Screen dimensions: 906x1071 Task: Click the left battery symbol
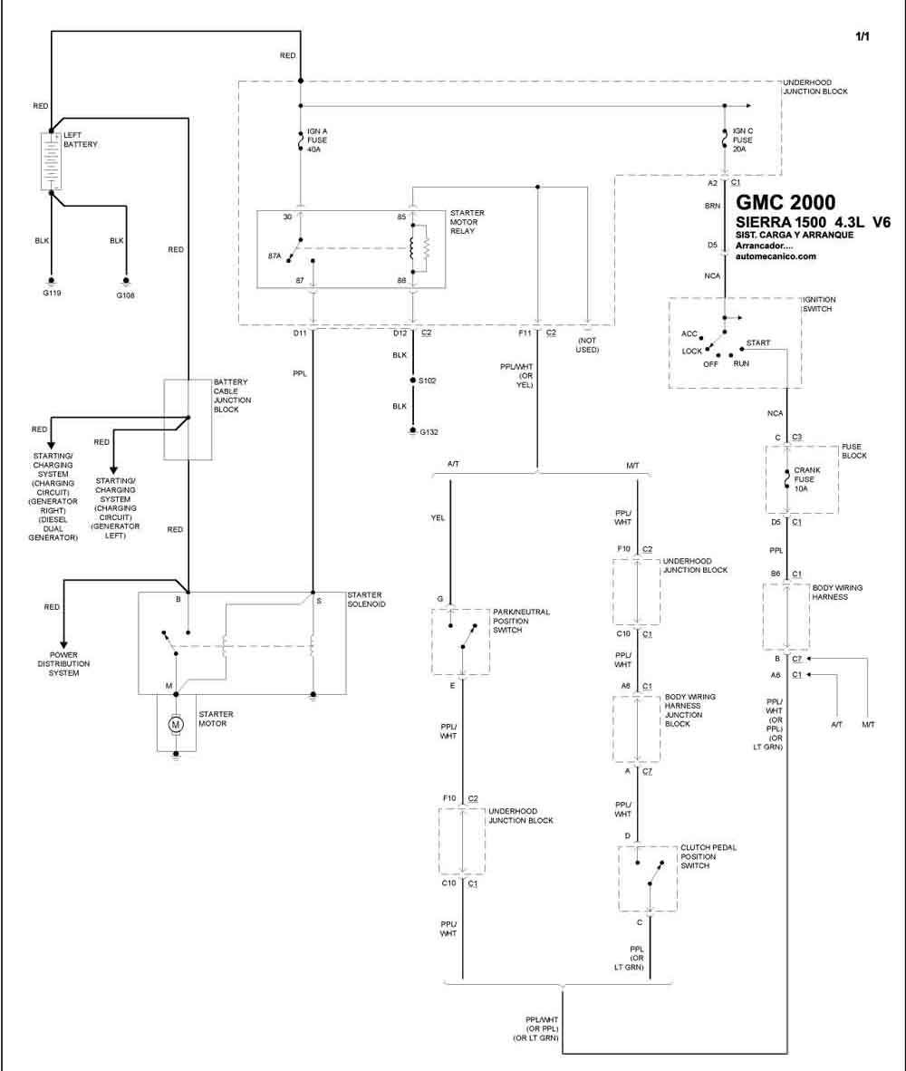[52, 161]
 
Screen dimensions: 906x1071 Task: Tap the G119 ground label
[51, 293]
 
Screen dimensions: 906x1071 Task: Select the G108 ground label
[125, 295]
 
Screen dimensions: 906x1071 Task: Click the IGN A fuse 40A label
[317, 140]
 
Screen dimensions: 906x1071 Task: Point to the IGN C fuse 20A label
[743, 140]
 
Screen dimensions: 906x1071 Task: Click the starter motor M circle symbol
[176, 724]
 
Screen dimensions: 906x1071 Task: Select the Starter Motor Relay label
[467, 222]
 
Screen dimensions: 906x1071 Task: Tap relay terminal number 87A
[275, 256]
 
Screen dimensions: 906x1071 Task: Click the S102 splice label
[428, 381]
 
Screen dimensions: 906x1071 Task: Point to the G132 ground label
[429, 431]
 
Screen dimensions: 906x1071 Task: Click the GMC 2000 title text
[786, 202]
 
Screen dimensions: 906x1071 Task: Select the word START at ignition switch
[757, 343]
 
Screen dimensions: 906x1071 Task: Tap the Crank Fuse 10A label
[807, 479]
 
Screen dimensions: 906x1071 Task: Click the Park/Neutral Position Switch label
[521, 621]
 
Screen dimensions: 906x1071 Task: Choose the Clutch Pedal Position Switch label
[708, 856]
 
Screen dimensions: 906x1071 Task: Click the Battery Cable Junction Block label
[232, 395]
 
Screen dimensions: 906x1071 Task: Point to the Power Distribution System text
[63, 664]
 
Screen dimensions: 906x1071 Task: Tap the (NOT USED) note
[587, 345]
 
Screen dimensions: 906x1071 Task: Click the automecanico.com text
[776, 256]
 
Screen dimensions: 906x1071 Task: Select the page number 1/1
[863, 36]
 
